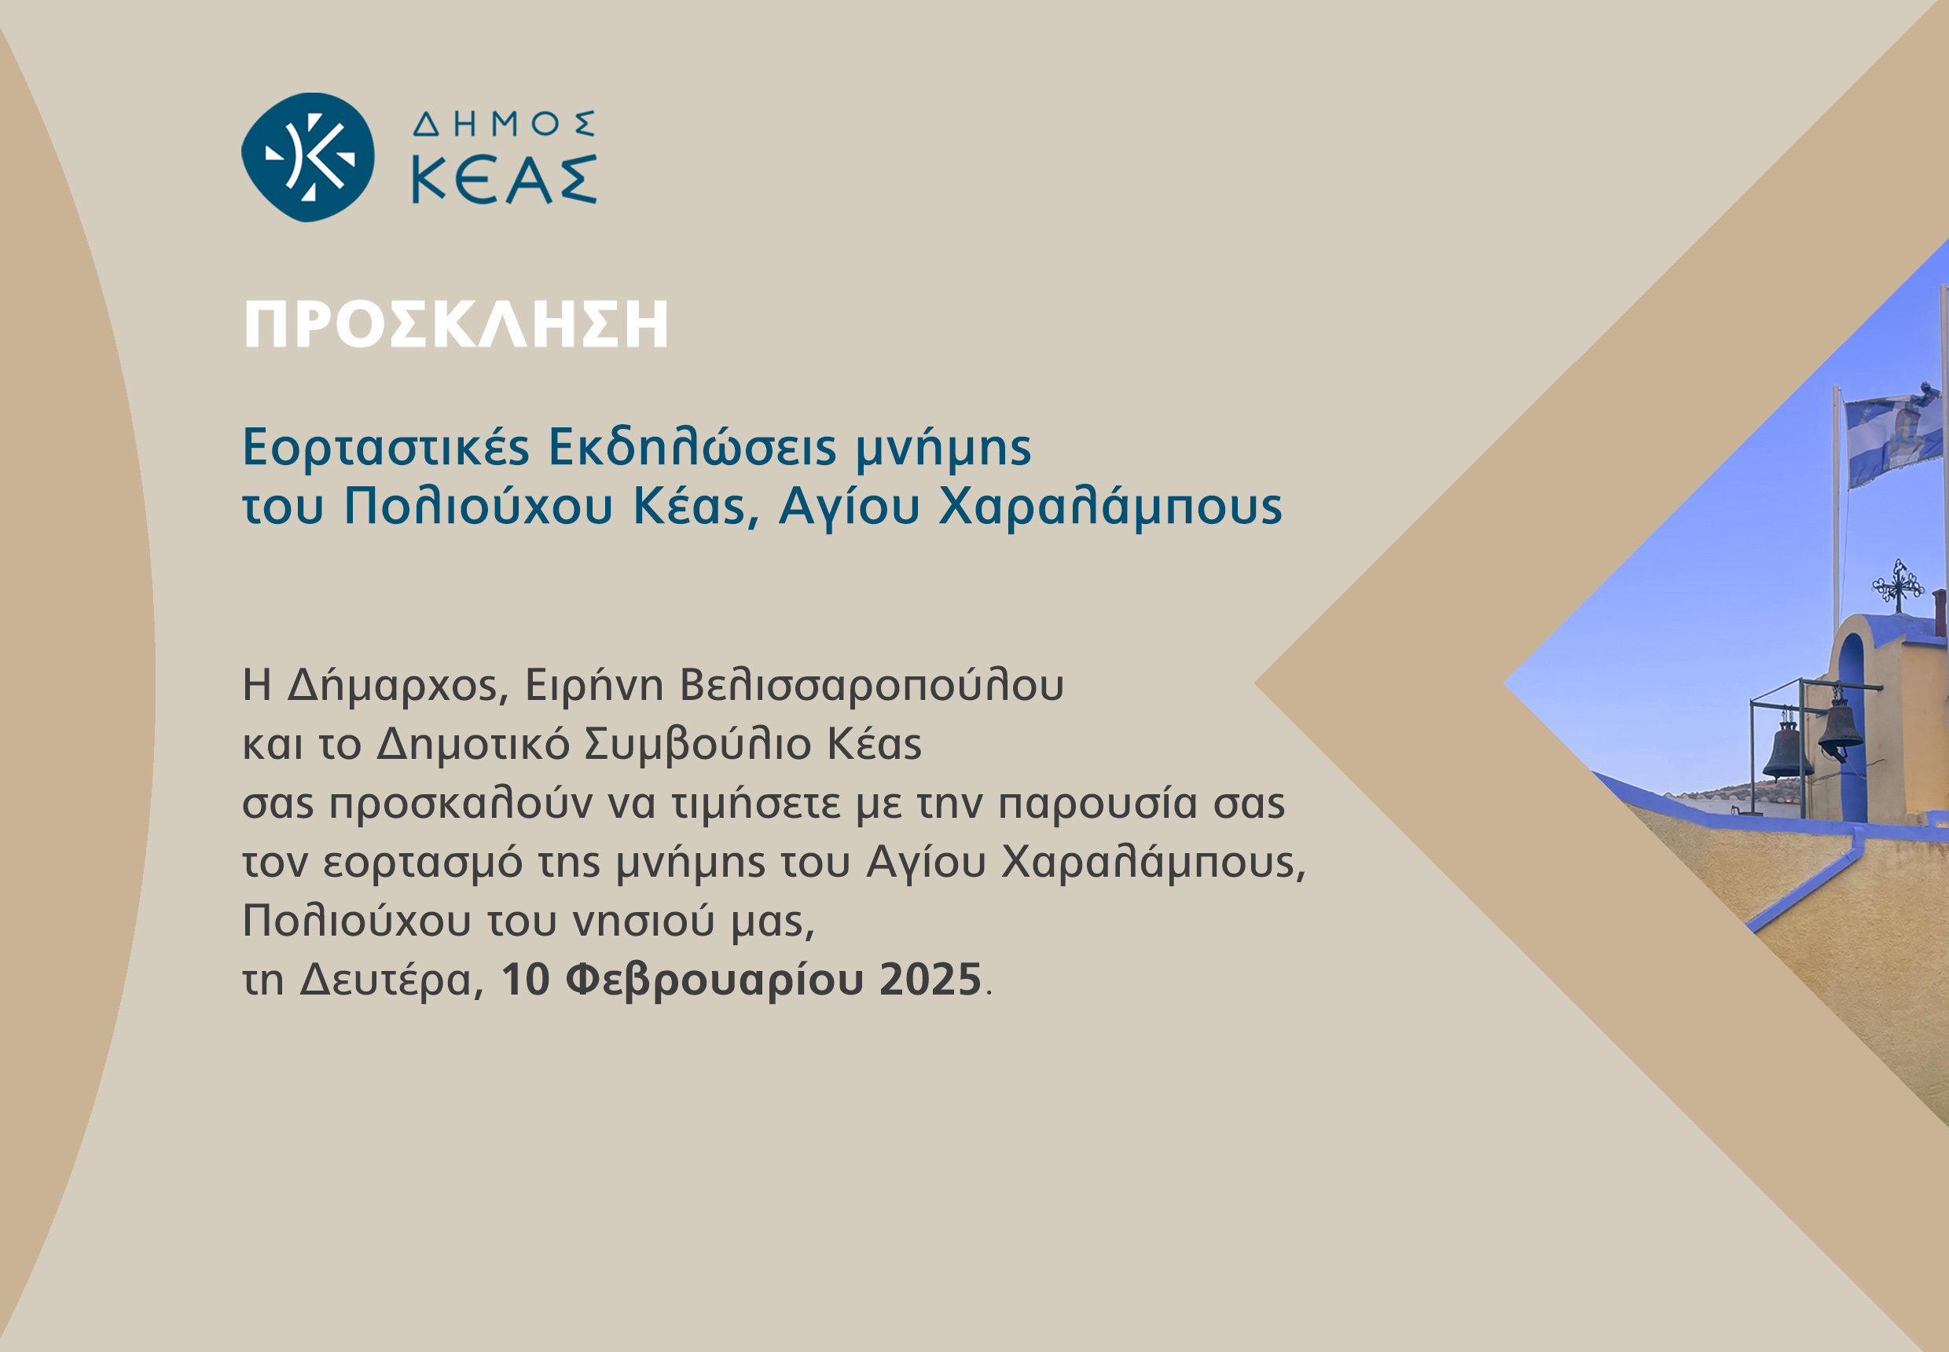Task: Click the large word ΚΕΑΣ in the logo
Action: pos(505,180)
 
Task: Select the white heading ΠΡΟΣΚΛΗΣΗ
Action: pos(456,324)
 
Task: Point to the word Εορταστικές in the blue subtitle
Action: pos(386,447)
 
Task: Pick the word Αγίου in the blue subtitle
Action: pos(849,507)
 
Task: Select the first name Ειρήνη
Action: pos(594,685)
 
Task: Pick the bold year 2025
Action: pos(930,980)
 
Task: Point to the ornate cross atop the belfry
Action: pos(1898,584)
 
